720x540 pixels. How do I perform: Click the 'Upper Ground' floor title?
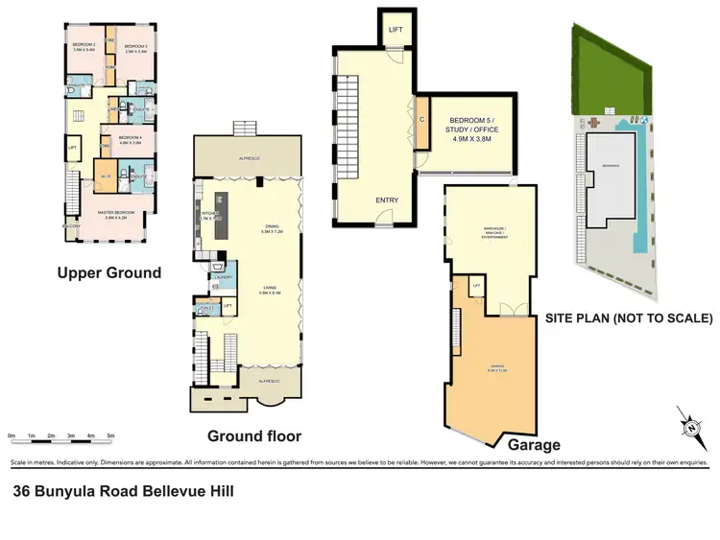(x=108, y=272)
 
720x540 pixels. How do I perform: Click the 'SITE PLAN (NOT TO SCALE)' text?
(x=629, y=317)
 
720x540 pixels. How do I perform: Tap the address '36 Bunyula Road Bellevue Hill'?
(x=123, y=491)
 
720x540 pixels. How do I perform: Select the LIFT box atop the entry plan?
(x=396, y=29)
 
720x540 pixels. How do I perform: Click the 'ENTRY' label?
(x=387, y=200)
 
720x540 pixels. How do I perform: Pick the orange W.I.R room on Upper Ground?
(x=105, y=176)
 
